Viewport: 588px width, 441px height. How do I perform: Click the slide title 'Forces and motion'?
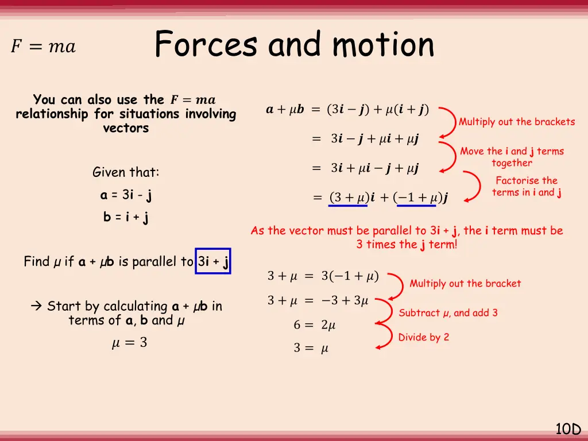[294, 44]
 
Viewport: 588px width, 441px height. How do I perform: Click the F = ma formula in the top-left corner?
[43, 47]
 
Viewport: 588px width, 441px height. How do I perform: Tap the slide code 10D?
[568, 428]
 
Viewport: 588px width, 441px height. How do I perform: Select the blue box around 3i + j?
[213, 261]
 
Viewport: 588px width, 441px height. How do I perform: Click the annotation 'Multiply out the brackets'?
[516, 122]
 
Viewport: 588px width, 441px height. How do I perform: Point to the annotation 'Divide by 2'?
[424, 337]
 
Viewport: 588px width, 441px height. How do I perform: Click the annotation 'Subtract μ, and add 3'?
[448, 313]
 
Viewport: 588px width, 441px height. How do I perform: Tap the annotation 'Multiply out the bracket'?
[465, 283]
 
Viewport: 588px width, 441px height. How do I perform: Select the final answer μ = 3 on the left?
[129, 343]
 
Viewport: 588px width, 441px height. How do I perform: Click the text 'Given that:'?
[126, 172]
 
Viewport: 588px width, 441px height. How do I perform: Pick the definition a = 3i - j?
[126, 195]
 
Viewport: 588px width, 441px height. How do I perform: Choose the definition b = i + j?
[126, 218]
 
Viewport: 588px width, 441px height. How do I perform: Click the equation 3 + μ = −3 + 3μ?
[318, 300]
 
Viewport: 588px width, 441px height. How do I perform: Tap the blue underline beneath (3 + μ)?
[348, 206]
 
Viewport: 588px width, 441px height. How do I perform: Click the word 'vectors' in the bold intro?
[126, 128]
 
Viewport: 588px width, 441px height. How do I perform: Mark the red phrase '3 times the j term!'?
[407, 245]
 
